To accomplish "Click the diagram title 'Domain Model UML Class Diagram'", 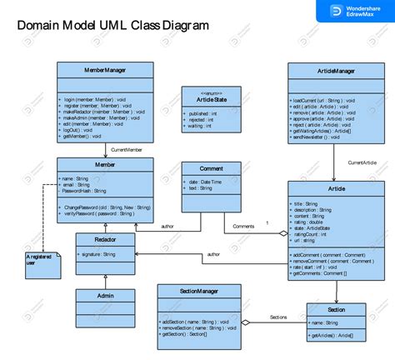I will point(113,26).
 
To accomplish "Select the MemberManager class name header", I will point(105,71).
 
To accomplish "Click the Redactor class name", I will point(105,238).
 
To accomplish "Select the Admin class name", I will point(105,295).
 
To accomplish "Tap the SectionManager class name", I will point(199,290).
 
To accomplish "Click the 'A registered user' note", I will point(41,261).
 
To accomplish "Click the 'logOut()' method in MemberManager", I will point(77,130).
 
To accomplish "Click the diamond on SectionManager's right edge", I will point(245,322).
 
